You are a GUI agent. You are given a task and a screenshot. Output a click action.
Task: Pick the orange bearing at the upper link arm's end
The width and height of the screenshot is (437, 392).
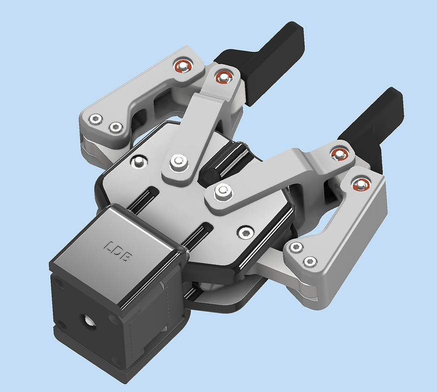point(223,77)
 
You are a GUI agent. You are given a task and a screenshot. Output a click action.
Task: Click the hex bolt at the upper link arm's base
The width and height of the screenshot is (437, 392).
point(179,162)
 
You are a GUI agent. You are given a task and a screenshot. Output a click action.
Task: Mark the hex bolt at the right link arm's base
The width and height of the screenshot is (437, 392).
point(222,191)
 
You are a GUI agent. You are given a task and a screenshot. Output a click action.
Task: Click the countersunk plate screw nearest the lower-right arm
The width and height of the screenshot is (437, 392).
point(245,232)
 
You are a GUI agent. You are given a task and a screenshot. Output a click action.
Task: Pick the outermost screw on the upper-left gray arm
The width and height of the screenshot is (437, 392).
point(96,119)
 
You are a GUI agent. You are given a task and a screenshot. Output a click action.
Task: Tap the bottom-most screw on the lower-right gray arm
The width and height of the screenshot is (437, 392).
point(310,262)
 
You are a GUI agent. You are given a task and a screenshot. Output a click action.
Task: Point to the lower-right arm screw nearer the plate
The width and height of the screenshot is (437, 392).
point(296,247)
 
